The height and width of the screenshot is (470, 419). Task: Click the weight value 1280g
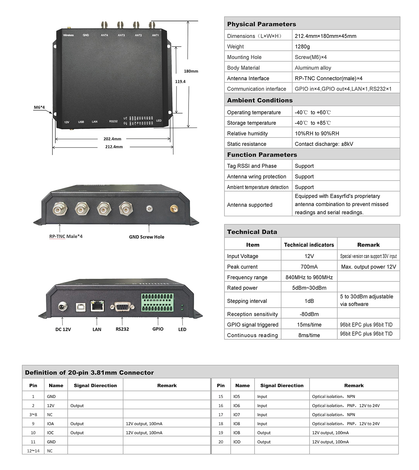point(302,46)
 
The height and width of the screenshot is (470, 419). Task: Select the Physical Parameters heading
point(262,24)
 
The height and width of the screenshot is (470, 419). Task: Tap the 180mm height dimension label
point(191,71)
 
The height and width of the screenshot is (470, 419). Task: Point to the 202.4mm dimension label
point(112,139)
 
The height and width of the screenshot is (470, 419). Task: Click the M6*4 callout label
point(39,107)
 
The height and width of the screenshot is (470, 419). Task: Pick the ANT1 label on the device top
point(155,35)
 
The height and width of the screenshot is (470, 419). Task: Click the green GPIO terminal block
point(157,302)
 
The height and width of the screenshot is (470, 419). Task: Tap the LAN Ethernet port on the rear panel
point(97,306)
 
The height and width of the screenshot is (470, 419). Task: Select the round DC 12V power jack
point(63,307)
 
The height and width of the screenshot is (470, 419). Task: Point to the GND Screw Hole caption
point(147,237)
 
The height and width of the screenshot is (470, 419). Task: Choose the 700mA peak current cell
point(309,267)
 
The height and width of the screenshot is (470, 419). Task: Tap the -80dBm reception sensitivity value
point(309,314)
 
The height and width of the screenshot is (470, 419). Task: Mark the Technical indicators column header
point(309,245)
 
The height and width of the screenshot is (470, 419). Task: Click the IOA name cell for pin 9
point(50,424)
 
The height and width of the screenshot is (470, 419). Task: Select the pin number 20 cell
point(221,442)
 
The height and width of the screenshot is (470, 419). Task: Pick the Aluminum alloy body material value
point(313,68)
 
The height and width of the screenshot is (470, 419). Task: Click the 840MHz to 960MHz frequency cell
point(309,277)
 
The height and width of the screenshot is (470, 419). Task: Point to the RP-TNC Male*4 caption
point(66,236)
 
